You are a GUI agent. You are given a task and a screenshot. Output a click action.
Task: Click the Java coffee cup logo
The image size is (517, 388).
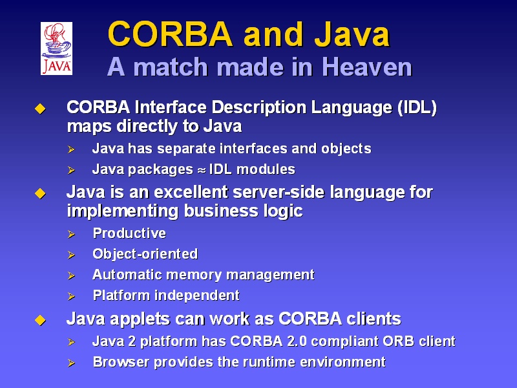[x=56, y=48]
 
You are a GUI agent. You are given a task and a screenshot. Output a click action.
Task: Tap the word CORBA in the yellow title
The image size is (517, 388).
[x=170, y=34]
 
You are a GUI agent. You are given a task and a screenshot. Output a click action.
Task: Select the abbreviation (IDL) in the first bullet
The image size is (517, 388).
[x=417, y=107]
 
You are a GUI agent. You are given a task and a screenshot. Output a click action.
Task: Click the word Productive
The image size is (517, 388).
[x=129, y=233]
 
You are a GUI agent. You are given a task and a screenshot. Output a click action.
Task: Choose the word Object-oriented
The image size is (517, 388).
[x=145, y=254]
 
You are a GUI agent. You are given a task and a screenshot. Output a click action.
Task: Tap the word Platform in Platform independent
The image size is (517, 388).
[x=121, y=296]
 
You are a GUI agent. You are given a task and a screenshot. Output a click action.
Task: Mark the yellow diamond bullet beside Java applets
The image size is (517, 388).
[x=40, y=320]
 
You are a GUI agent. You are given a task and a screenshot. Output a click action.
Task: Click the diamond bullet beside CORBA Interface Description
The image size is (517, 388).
[x=40, y=109]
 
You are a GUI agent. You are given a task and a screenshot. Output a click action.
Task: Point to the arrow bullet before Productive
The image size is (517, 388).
[x=71, y=234]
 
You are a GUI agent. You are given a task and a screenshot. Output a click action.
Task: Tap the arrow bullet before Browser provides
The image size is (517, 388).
[x=71, y=363]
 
